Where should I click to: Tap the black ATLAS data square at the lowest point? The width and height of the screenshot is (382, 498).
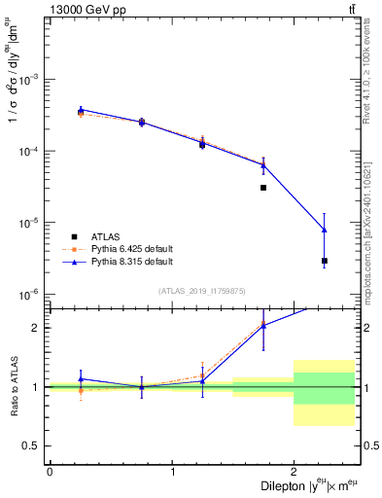pyautogui.click(x=325, y=261)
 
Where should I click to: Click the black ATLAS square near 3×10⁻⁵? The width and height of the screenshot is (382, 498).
pyautogui.click(x=263, y=188)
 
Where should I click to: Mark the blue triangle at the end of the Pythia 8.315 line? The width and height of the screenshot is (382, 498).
pyautogui.click(x=325, y=230)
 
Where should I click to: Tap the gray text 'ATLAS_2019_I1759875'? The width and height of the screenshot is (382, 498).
pyautogui.click(x=201, y=290)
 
